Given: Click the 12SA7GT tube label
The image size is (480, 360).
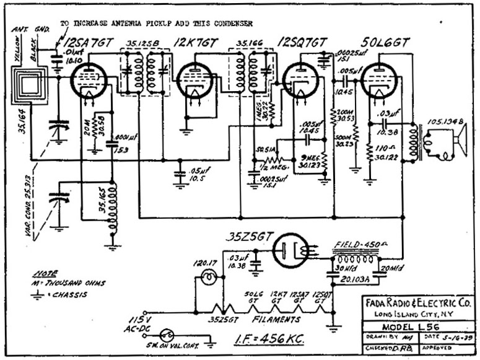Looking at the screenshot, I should point(92,43).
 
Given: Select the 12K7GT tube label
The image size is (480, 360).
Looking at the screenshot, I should point(196,43).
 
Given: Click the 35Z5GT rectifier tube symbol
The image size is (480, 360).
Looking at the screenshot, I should point(290,250).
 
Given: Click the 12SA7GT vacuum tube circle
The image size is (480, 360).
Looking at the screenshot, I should point(88,80).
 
